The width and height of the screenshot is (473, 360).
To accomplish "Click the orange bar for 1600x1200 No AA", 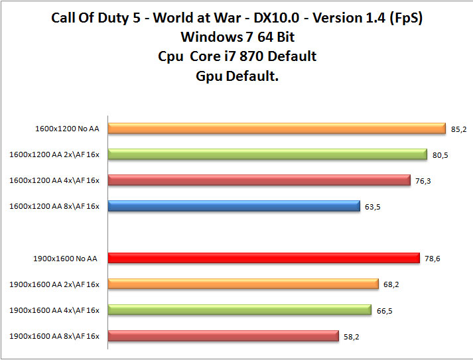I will click(x=277, y=129).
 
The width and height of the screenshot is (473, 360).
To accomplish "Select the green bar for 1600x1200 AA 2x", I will click(x=267, y=154).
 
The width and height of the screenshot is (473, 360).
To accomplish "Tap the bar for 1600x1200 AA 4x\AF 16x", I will click(x=259, y=180).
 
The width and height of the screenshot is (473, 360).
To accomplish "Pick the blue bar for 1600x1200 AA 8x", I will click(x=234, y=206).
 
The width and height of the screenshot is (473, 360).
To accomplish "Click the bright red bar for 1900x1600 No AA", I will click(x=264, y=258).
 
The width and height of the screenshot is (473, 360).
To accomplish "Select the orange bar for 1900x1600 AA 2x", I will click(x=243, y=284).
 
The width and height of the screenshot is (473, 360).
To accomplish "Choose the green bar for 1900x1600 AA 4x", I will click(x=239, y=310).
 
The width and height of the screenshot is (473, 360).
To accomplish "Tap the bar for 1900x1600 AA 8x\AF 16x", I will click(x=224, y=335).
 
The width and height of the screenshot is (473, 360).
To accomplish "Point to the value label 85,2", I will click(x=458, y=129).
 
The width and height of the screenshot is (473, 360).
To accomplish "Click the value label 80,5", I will click(x=440, y=155).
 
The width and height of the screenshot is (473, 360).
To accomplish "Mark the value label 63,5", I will click(x=373, y=207).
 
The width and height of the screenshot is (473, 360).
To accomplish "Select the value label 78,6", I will click(x=433, y=259).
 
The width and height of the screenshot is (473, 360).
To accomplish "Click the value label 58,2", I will click(x=352, y=336).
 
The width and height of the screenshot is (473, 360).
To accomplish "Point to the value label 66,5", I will click(x=384, y=310).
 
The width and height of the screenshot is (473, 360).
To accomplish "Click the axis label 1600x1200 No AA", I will click(x=67, y=129).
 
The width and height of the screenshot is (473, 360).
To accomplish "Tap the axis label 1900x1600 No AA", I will click(x=65, y=258).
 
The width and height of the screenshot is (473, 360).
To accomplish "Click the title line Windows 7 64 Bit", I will click(x=237, y=36).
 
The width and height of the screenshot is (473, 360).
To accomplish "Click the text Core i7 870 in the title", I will click(x=254, y=56).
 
